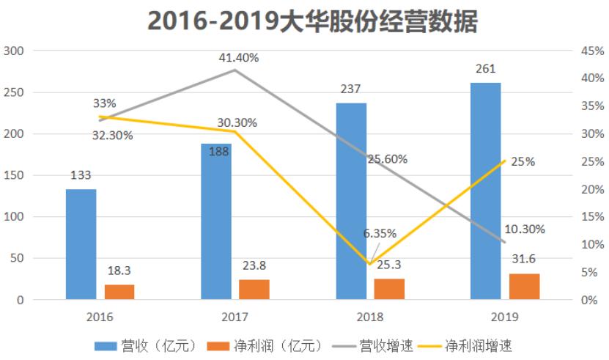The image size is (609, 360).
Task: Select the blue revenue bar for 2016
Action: coord(81,244)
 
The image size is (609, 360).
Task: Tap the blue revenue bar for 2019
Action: coord(485,191)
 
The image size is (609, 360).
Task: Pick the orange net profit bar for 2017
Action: coord(254,290)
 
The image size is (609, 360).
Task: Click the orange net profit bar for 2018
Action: coord(389,289)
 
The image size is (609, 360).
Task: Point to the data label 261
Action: coord(485,70)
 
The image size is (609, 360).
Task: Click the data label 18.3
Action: coord(119,271)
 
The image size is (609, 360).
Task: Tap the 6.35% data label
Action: coord(380,233)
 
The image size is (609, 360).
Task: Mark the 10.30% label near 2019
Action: coord(525,229)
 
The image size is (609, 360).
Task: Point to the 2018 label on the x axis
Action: coord(370,317)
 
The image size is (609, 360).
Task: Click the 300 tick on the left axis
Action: coord(14,51)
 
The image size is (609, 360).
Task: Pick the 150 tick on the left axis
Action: coord(14,175)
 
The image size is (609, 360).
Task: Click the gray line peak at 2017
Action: coord(235,70)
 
